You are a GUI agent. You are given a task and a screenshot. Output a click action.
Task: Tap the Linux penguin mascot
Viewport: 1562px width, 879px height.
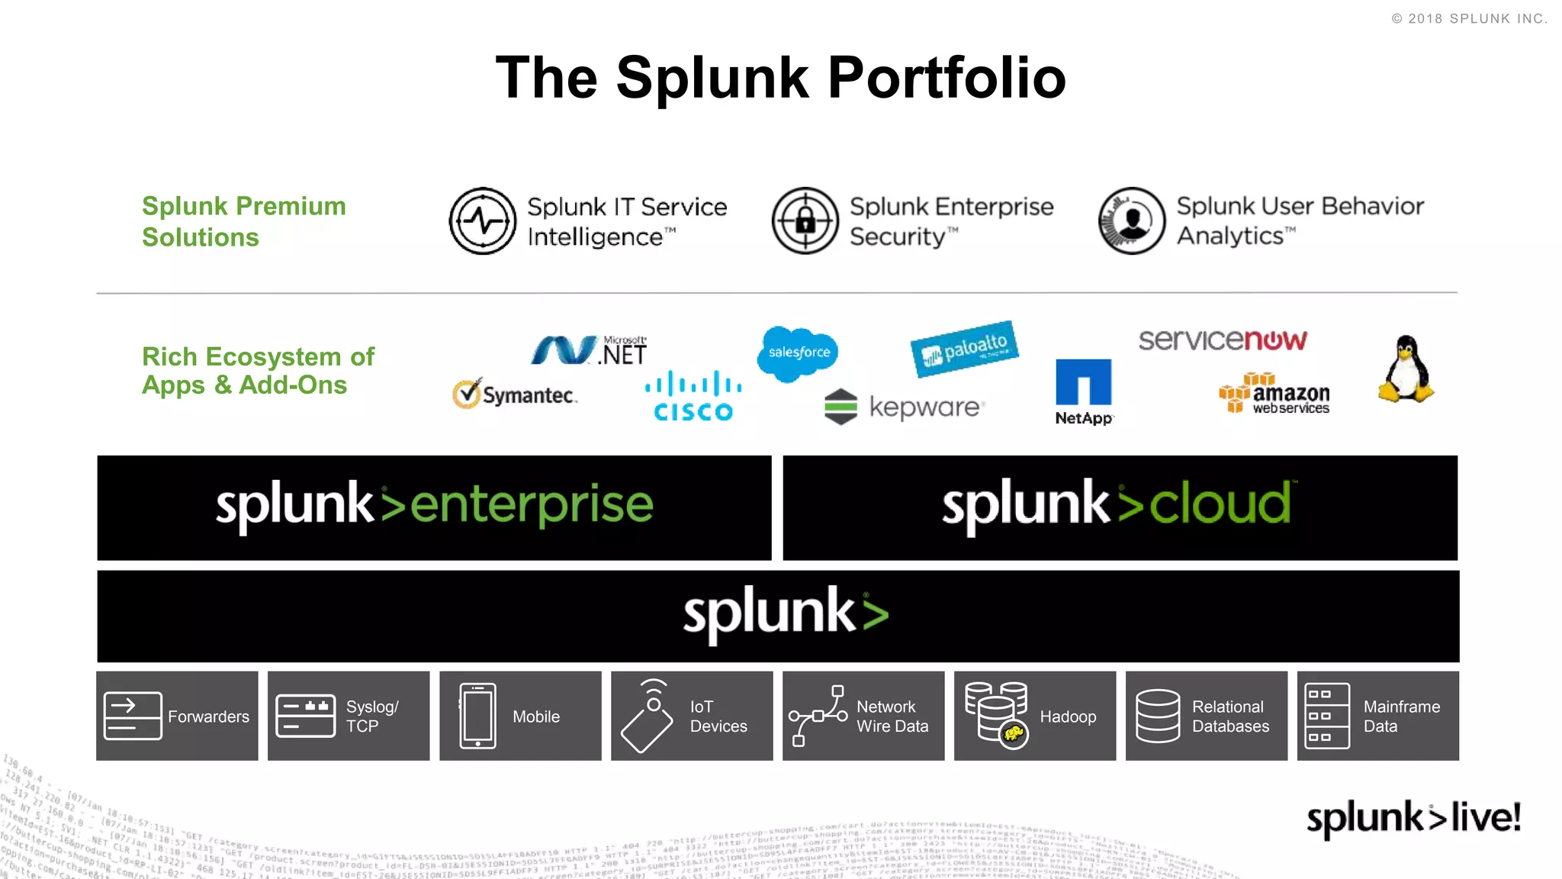1406,369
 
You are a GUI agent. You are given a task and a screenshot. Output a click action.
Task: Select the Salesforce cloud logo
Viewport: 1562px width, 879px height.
799,353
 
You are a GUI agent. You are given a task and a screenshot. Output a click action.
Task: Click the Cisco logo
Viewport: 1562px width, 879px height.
693,397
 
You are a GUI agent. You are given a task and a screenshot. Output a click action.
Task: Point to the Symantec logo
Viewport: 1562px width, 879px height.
515,394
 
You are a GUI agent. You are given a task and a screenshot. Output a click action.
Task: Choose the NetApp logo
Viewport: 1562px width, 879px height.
1083,391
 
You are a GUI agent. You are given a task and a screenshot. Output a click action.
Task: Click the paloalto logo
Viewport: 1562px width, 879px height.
964,349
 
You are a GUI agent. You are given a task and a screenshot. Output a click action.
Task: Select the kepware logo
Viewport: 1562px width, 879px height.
905,407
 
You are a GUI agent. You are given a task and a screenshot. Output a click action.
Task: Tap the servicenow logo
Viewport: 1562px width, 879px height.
1222,340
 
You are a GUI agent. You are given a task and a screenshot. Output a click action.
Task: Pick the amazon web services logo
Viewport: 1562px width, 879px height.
1274,394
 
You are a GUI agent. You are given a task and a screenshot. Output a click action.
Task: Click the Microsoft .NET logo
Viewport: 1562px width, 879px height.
589,351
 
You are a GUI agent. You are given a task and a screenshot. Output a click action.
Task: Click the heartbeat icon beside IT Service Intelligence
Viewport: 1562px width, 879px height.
483,221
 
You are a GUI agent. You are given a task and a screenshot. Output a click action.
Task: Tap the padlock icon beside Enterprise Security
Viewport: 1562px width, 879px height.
805,221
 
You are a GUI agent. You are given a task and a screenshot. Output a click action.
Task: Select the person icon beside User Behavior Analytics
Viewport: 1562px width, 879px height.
1132,221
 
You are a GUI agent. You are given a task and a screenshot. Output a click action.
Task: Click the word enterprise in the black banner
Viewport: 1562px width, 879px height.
532,506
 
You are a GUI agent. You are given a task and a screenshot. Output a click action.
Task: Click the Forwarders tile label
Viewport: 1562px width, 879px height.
208,716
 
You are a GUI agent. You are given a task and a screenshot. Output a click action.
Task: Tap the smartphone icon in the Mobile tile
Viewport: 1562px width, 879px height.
478,716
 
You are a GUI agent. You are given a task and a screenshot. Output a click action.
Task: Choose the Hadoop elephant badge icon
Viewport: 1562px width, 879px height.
1013,734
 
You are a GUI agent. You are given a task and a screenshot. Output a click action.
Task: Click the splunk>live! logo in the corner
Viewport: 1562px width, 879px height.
1413,818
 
